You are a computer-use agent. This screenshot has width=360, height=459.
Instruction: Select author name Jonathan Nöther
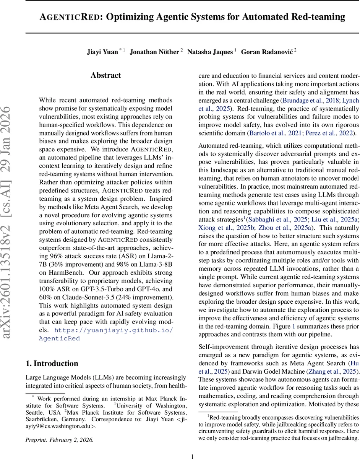tap(154, 52)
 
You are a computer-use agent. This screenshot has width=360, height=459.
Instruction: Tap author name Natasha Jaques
tap(210, 52)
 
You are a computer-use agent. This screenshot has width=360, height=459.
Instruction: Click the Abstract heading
tap(106, 76)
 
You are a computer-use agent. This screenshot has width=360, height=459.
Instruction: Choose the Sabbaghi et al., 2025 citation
tap(274, 220)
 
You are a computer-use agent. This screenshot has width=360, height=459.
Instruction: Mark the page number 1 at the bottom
tap(192, 445)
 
